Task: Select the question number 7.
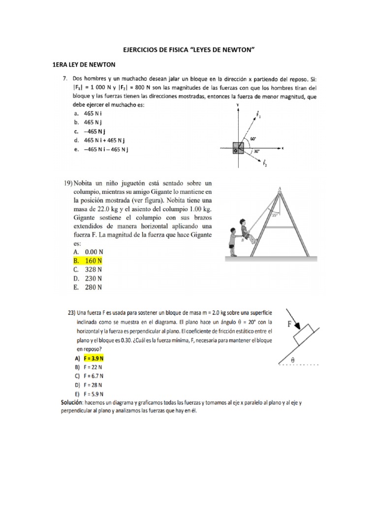[x=64, y=78]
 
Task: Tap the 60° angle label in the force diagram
[x=253, y=139]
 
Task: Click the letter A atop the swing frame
[x=280, y=188]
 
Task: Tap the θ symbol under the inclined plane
[x=292, y=361]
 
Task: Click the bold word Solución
[x=72, y=403]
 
